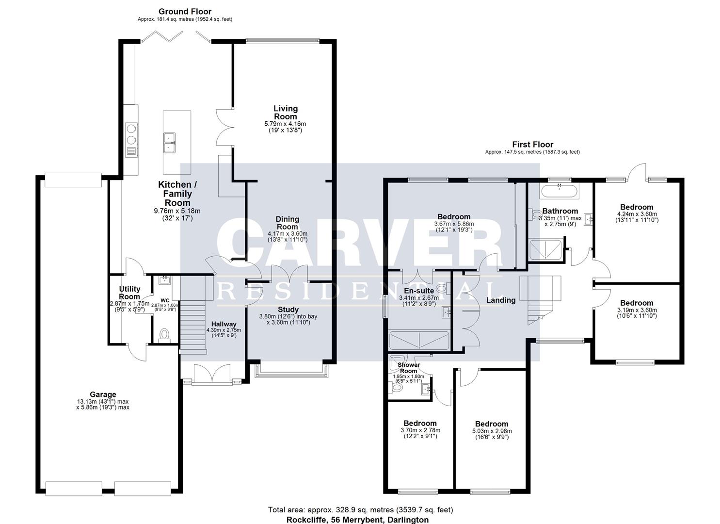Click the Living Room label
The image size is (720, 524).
pyautogui.click(x=286, y=113)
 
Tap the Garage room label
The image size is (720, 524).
pyautogui.click(x=103, y=394)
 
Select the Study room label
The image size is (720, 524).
pyautogui.click(x=288, y=310)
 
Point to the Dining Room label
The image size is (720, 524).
pyautogui.click(x=288, y=223)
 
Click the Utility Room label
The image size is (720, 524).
pyautogui.click(x=129, y=293)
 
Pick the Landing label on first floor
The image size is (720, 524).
pyautogui.click(x=501, y=300)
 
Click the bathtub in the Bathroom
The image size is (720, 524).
pyautogui.click(x=559, y=190)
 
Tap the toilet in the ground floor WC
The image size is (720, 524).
pyautogui.click(x=164, y=335)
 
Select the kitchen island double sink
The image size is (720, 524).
pyautogui.click(x=169, y=142)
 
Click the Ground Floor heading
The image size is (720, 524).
pyautogui.click(x=185, y=12)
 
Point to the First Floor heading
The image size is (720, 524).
pyautogui.click(x=532, y=145)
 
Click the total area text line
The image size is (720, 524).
pyautogui.click(x=360, y=509)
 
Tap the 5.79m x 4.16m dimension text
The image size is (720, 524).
pyautogui.click(x=286, y=124)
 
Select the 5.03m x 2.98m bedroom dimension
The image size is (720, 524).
pyautogui.click(x=492, y=431)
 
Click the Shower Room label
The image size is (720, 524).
pyautogui.click(x=408, y=368)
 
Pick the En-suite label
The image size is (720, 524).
pyautogui.click(x=416, y=291)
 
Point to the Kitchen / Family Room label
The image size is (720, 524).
pyautogui.click(x=177, y=194)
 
